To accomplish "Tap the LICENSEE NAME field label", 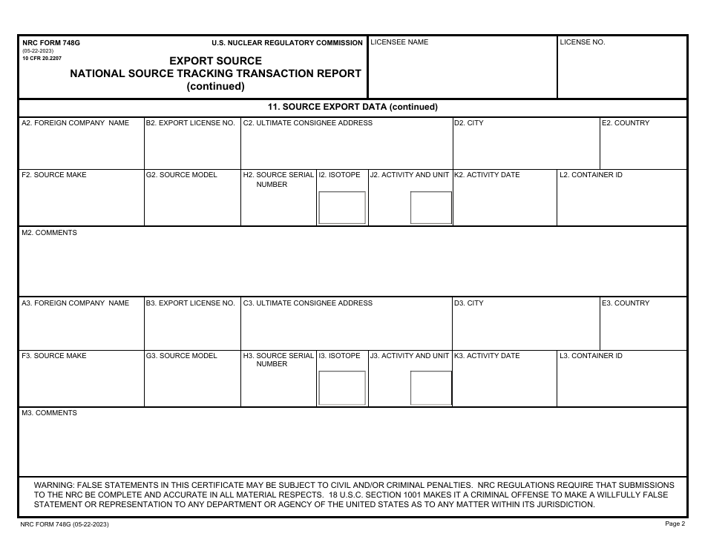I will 399,42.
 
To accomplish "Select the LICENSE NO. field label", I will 583,42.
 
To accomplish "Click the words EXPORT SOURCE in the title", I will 215,61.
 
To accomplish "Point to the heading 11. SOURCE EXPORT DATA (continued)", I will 352,107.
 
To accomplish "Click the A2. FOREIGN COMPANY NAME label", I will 75,123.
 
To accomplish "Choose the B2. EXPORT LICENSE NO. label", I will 191,123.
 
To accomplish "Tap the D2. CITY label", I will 469,123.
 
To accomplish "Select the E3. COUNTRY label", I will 626,303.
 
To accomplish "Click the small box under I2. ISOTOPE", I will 342,208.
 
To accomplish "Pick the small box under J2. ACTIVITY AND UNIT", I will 431,208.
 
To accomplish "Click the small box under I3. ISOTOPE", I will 342,388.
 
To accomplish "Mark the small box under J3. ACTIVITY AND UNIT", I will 431,388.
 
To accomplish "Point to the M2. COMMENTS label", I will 49,233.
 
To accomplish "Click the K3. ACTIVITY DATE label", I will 487,356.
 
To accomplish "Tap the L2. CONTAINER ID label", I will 591,175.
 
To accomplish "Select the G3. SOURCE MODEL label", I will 182,356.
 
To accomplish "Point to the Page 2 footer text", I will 675,523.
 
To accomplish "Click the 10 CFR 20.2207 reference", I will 43,57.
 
